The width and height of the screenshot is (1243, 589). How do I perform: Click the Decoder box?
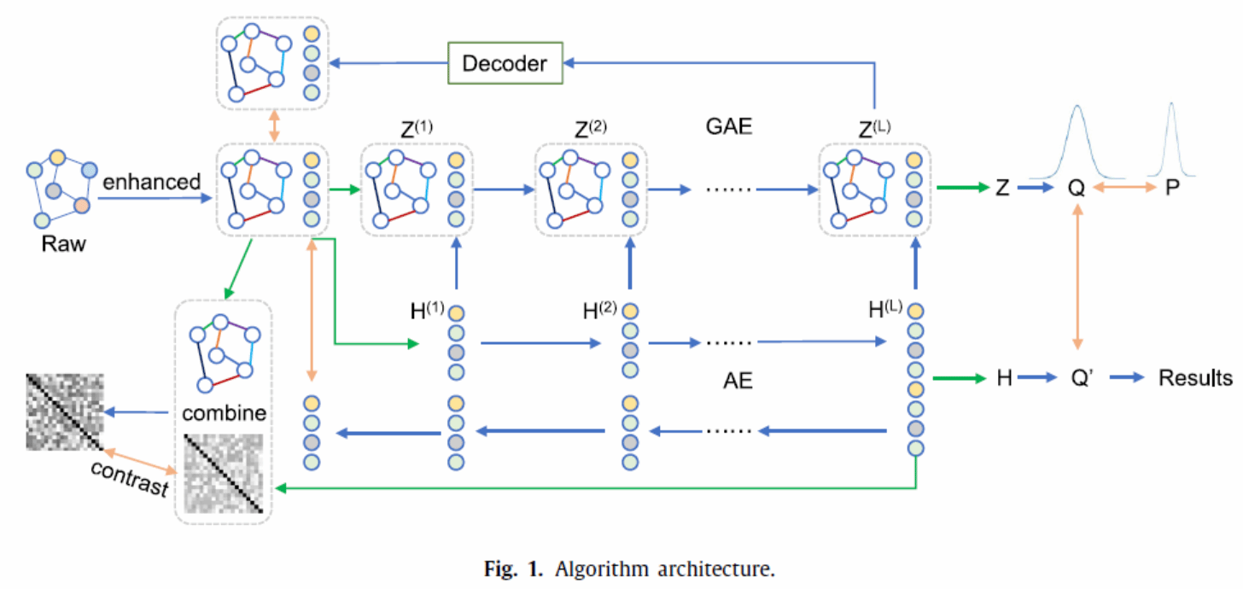504,62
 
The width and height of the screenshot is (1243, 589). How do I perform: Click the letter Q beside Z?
1077,189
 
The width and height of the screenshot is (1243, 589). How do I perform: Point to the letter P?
1172,189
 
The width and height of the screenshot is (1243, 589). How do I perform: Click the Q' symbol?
1080,378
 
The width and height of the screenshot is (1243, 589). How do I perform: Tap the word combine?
225,414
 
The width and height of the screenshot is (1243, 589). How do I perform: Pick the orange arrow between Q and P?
1123,189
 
